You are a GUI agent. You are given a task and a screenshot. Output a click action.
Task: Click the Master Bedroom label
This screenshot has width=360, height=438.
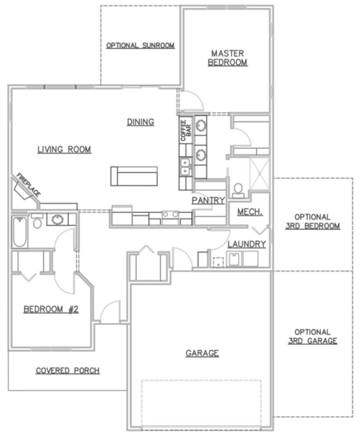point(227,58)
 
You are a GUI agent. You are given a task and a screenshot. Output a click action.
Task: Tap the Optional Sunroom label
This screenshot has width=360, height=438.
point(140,46)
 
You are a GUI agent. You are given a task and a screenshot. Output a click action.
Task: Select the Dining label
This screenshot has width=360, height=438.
point(141,122)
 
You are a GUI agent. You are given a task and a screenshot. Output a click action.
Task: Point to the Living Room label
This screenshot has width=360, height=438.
point(65,150)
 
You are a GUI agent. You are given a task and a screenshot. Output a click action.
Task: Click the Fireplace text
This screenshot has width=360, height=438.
point(29,185)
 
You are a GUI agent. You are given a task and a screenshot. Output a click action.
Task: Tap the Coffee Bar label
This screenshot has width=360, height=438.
point(186,131)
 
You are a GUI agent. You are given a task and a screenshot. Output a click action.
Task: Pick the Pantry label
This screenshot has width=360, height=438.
point(208,200)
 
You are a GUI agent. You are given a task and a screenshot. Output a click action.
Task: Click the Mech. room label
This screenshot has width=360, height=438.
point(250,212)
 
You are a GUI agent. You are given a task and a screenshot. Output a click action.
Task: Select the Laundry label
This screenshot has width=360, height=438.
point(246,244)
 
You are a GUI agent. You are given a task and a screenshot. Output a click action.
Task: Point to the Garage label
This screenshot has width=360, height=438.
point(202,353)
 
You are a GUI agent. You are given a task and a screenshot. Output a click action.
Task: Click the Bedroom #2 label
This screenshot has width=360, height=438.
point(51,309)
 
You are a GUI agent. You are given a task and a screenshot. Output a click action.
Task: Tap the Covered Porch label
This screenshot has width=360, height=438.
point(68,371)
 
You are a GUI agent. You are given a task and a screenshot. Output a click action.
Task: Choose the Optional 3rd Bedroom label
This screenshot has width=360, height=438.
point(313,222)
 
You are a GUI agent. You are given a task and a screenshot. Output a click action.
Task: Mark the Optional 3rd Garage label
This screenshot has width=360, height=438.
point(313,336)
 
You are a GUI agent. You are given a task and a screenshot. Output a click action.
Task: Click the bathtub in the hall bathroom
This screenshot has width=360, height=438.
point(19,231)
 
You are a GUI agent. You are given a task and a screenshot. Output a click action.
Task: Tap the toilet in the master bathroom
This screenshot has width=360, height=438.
point(238,191)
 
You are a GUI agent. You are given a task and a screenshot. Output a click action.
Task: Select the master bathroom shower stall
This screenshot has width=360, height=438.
point(259,174)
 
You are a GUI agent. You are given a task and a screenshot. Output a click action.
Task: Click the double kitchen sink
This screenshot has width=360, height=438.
point(186,167)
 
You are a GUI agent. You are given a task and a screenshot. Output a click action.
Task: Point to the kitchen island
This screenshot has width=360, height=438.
point(134,176)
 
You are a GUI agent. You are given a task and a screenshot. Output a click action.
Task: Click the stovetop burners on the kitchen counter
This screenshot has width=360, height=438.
point(170,215)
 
